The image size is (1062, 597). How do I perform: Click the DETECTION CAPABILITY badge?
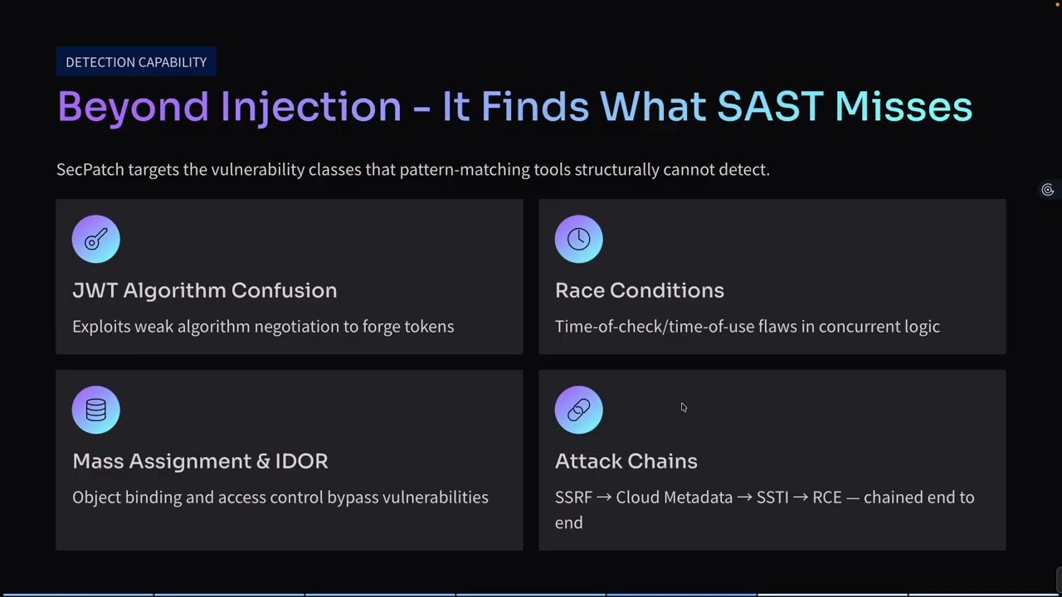pos(136,62)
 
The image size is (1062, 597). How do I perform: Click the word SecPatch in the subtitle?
pos(90,170)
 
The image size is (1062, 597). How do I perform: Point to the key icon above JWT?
pos(96,240)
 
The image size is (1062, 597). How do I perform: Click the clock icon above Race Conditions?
pos(578,240)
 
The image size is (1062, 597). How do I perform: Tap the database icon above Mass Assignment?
pos(96,410)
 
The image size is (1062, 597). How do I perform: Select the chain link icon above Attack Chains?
pos(578,410)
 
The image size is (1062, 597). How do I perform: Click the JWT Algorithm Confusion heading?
pos(204,290)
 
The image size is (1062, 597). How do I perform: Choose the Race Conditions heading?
pos(639,290)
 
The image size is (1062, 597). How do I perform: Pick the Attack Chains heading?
pos(626,461)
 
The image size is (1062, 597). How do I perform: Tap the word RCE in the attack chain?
pos(826,498)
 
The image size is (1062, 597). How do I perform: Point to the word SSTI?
pos(772,498)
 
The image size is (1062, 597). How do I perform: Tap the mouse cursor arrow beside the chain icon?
pos(684,407)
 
